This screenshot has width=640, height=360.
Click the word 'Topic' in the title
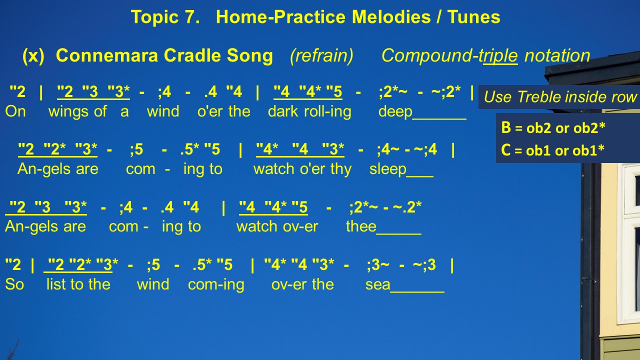(x=154, y=17)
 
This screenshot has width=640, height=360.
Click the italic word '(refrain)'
(x=321, y=55)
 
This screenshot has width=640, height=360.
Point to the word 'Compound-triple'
(x=449, y=55)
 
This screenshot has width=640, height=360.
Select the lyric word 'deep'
(x=395, y=112)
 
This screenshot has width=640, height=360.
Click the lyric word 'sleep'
(x=387, y=169)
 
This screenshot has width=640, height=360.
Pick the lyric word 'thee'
(x=361, y=226)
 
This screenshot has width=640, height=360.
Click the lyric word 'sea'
(x=377, y=284)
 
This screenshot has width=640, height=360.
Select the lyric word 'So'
(x=14, y=284)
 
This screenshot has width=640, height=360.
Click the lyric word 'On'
(x=15, y=111)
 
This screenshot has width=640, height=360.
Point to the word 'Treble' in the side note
(x=539, y=96)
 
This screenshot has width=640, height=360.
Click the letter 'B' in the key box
(x=505, y=127)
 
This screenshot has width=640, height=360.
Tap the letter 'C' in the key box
(x=505, y=149)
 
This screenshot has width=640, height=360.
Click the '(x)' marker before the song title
(x=33, y=55)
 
